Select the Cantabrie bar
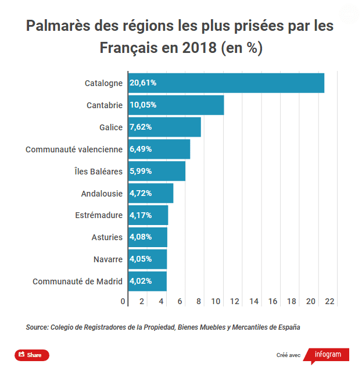[176, 105]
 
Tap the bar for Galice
[164, 127]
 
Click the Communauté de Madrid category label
[77, 281]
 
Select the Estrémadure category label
[99, 215]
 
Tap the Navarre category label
[108, 259]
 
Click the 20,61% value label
[143, 83]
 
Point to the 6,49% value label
[141, 149]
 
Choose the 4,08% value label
[141, 237]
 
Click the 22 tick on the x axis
[330, 301]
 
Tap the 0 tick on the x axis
[123, 301]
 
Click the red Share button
[32, 355]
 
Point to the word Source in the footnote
[37, 327]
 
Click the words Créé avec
[288, 355]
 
